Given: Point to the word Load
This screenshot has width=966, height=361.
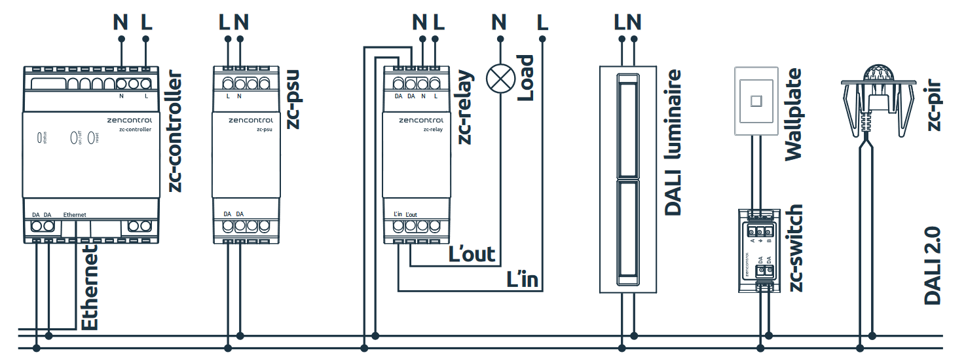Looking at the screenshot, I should pos(525,77).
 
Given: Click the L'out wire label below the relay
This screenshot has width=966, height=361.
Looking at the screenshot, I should pos(472,254).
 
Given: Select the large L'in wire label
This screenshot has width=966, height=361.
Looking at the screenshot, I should pos(523,279).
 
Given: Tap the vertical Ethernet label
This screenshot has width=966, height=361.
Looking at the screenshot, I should pos(90,288).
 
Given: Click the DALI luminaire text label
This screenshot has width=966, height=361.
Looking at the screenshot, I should pos(673,142).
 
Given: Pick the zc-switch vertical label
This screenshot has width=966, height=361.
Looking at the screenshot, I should pos(794,248).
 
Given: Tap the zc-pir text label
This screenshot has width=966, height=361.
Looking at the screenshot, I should pos(935,105).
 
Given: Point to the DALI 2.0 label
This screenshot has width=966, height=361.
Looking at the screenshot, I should pos(933,265).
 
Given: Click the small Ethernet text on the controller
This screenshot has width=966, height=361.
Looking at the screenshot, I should pos(75,215).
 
